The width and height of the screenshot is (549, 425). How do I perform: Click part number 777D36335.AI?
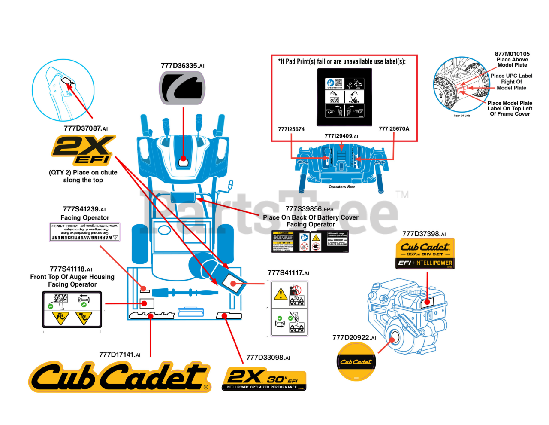click(x=182, y=66)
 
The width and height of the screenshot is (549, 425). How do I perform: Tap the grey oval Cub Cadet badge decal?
click(x=182, y=88)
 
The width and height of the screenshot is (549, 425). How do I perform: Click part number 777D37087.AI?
click(x=86, y=128)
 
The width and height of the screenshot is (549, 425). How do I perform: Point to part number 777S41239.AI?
click(x=84, y=209)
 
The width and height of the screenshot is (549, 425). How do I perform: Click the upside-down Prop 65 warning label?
click(x=84, y=232)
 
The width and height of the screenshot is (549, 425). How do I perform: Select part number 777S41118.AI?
click(x=71, y=269)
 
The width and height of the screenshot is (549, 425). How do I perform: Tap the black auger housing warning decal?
click(x=72, y=309)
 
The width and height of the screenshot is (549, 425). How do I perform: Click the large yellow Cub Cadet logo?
click(x=120, y=376)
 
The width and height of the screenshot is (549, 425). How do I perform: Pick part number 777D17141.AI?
click(x=120, y=355)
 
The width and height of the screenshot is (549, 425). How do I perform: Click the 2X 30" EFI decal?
click(x=264, y=379)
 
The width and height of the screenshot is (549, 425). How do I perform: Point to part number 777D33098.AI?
click(x=268, y=358)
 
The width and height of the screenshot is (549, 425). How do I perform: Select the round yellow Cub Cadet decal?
click(x=356, y=362)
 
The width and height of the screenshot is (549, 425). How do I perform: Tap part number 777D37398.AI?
click(x=424, y=234)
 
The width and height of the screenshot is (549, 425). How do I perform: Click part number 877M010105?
click(x=512, y=54)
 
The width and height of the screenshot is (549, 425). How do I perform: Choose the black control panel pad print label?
click(x=345, y=97)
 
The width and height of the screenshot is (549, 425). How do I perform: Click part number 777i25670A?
click(x=394, y=129)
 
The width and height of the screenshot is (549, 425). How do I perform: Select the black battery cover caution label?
click(x=310, y=242)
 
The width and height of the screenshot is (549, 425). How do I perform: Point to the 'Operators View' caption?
click(x=341, y=187)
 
